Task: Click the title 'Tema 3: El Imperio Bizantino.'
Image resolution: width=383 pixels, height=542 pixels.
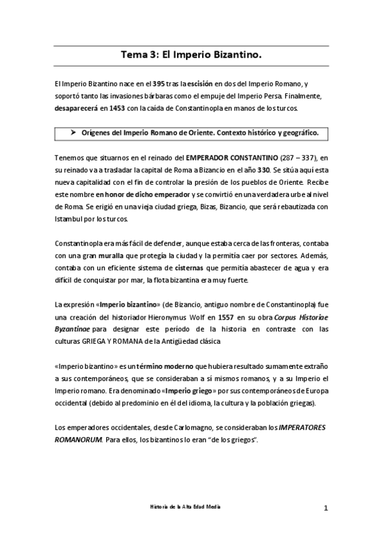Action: pos(191,56)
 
